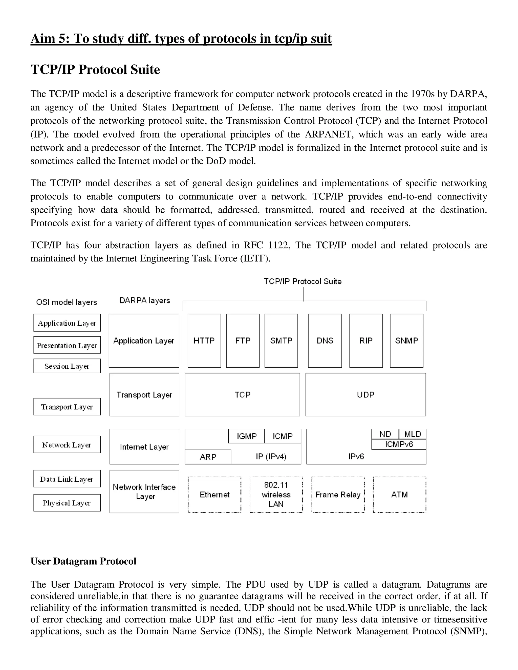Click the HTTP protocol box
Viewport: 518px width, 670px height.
[x=204, y=341]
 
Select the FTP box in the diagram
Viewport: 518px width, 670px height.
[x=243, y=341]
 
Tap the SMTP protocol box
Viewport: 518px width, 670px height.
[x=281, y=341]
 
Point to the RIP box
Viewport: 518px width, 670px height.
[x=366, y=341]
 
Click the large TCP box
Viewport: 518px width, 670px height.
[x=242, y=394]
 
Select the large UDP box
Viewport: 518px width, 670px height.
[x=365, y=394]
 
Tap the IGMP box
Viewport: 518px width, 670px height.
[x=246, y=436]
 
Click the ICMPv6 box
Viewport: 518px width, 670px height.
[x=399, y=444]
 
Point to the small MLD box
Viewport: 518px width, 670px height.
[x=413, y=434]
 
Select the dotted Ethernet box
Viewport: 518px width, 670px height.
[x=214, y=495]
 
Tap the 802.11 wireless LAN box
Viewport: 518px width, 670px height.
[x=276, y=495]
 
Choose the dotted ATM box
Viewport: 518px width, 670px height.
[x=400, y=495]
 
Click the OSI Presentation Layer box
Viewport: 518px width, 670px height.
[x=67, y=345]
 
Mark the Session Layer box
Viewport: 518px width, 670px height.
[x=67, y=366]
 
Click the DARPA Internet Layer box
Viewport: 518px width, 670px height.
[x=144, y=447]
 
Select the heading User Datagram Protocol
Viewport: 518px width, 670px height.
[x=83, y=561]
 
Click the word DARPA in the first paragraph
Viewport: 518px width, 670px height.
[x=468, y=94]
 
